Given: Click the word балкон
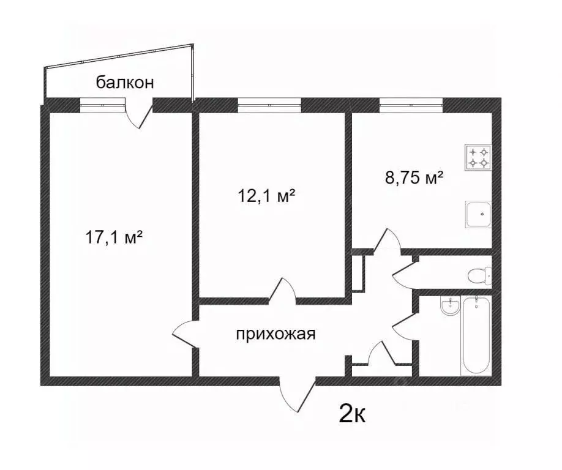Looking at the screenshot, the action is pyautogui.click(x=125, y=83).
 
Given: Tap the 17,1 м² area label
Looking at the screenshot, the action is pyautogui.click(x=114, y=237).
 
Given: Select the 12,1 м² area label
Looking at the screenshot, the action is pyautogui.click(x=266, y=196).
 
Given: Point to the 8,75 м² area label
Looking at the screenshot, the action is pyautogui.click(x=414, y=177).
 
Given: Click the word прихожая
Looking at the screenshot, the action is pyautogui.click(x=275, y=334).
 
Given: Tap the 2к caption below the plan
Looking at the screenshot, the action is pyautogui.click(x=353, y=415).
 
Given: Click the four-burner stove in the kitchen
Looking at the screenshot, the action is pyautogui.click(x=479, y=158).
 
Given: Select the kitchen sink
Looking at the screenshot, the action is pyautogui.click(x=479, y=214).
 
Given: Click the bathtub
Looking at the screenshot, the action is pyautogui.click(x=476, y=335).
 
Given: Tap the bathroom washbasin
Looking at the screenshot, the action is pyautogui.click(x=449, y=306).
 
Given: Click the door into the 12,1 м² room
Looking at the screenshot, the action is pyautogui.click(x=282, y=290).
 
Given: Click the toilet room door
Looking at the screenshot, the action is pyautogui.click(x=404, y=275).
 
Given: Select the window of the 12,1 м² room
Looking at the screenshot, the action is pyautogui.click(x=269, y=105).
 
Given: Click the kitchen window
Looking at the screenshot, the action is pyautogui.click(x=411, y=105).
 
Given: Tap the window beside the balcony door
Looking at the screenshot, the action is pyautogui.click(x=102, y=105).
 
